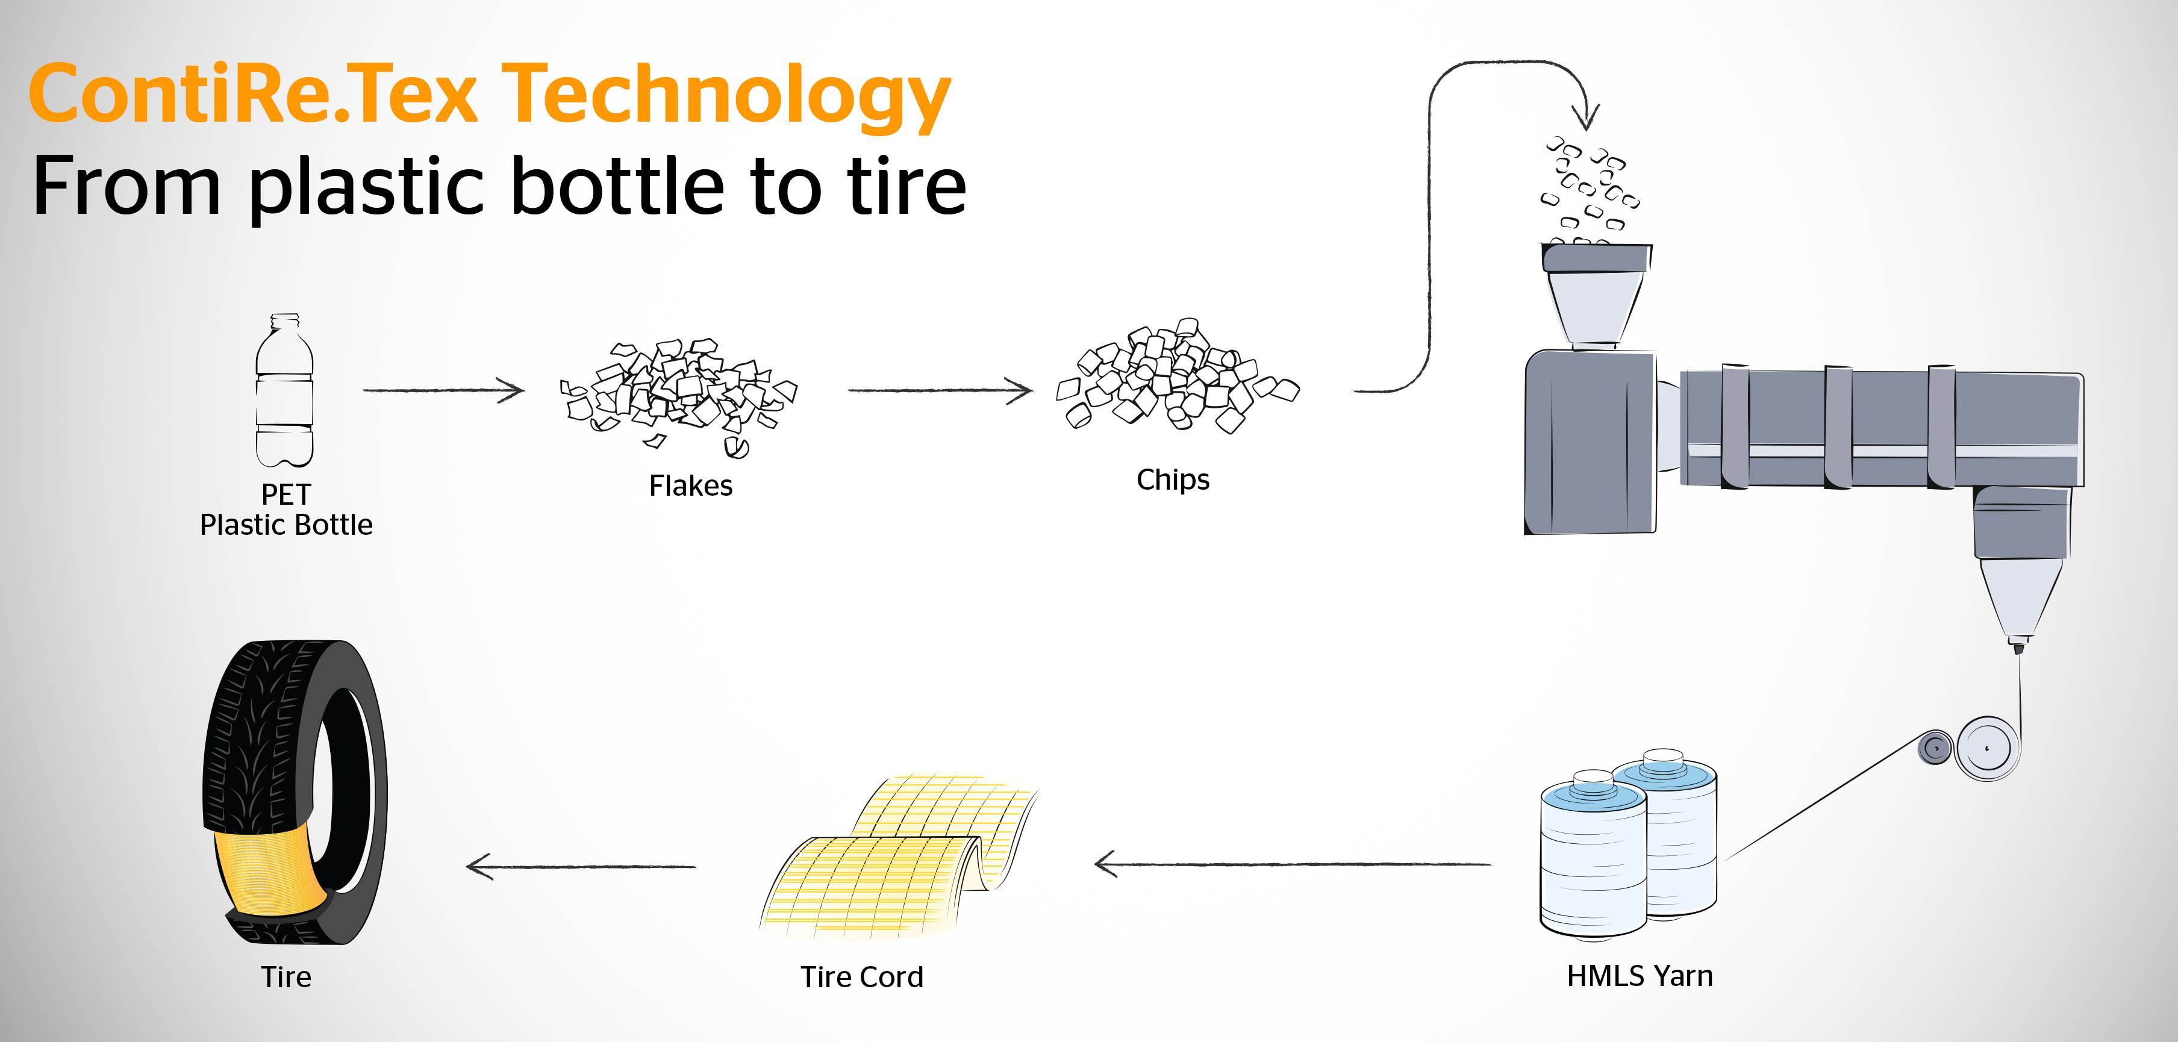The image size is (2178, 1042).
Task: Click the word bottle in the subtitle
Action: pyautogui.click(x=617, y=186)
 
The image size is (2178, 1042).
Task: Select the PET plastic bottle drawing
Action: pyautogui.click(x=285, y=393)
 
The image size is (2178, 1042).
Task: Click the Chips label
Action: pyautogui.click(x=1173, y=479)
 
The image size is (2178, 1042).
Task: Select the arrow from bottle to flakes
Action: pyautogui.click(x=444, y=390)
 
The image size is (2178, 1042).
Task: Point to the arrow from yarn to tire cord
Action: pyautogui.click(x=1294, y=864)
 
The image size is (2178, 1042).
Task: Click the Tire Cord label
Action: pyautogui.click(x=861, y=977)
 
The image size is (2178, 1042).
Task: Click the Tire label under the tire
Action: pyautogui.click(x=286, y=977)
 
